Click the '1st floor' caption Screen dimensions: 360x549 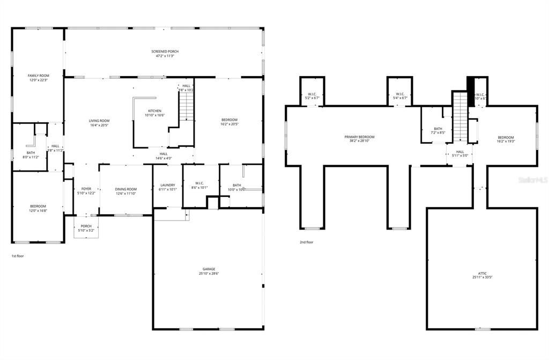point(18,256)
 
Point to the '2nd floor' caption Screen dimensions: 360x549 point(307,242)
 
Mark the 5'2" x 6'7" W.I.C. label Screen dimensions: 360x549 point(312,98)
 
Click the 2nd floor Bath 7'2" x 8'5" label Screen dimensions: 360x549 point(438,130)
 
